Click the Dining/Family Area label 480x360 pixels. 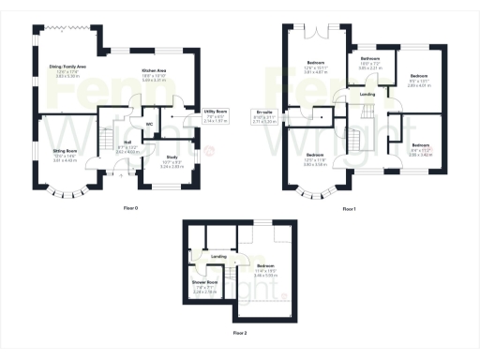(x=67, y=67)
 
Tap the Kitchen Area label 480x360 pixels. (x=154, y=70)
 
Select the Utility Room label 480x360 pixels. (x=217, y=112)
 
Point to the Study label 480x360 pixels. (x=172, y=157)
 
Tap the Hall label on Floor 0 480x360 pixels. (x=127, y=142)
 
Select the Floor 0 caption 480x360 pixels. (x=130, y=208)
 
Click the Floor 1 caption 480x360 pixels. (x=349, y=208)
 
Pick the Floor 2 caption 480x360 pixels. (x=240, y=333)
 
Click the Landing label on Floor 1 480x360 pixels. (x=368, y=95)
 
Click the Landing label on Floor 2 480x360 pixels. (x=217, y=256)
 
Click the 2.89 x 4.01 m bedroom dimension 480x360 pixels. (x=418, y=83)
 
